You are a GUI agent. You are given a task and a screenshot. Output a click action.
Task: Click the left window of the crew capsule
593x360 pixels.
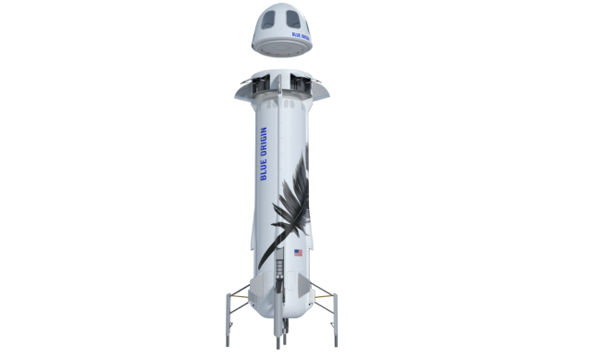267,19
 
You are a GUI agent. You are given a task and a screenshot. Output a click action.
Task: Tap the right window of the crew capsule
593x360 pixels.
292,19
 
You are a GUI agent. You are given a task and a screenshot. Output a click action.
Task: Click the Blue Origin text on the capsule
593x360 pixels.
301,36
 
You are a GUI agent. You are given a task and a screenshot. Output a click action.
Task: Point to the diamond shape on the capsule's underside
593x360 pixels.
281,48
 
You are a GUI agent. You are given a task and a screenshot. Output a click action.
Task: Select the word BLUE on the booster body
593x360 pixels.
264,169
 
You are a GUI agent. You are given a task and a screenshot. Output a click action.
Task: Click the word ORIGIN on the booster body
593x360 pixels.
264,142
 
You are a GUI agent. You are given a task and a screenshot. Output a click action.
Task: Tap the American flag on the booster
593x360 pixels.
298,253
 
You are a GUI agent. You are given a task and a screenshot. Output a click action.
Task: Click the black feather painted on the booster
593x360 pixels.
290,205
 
